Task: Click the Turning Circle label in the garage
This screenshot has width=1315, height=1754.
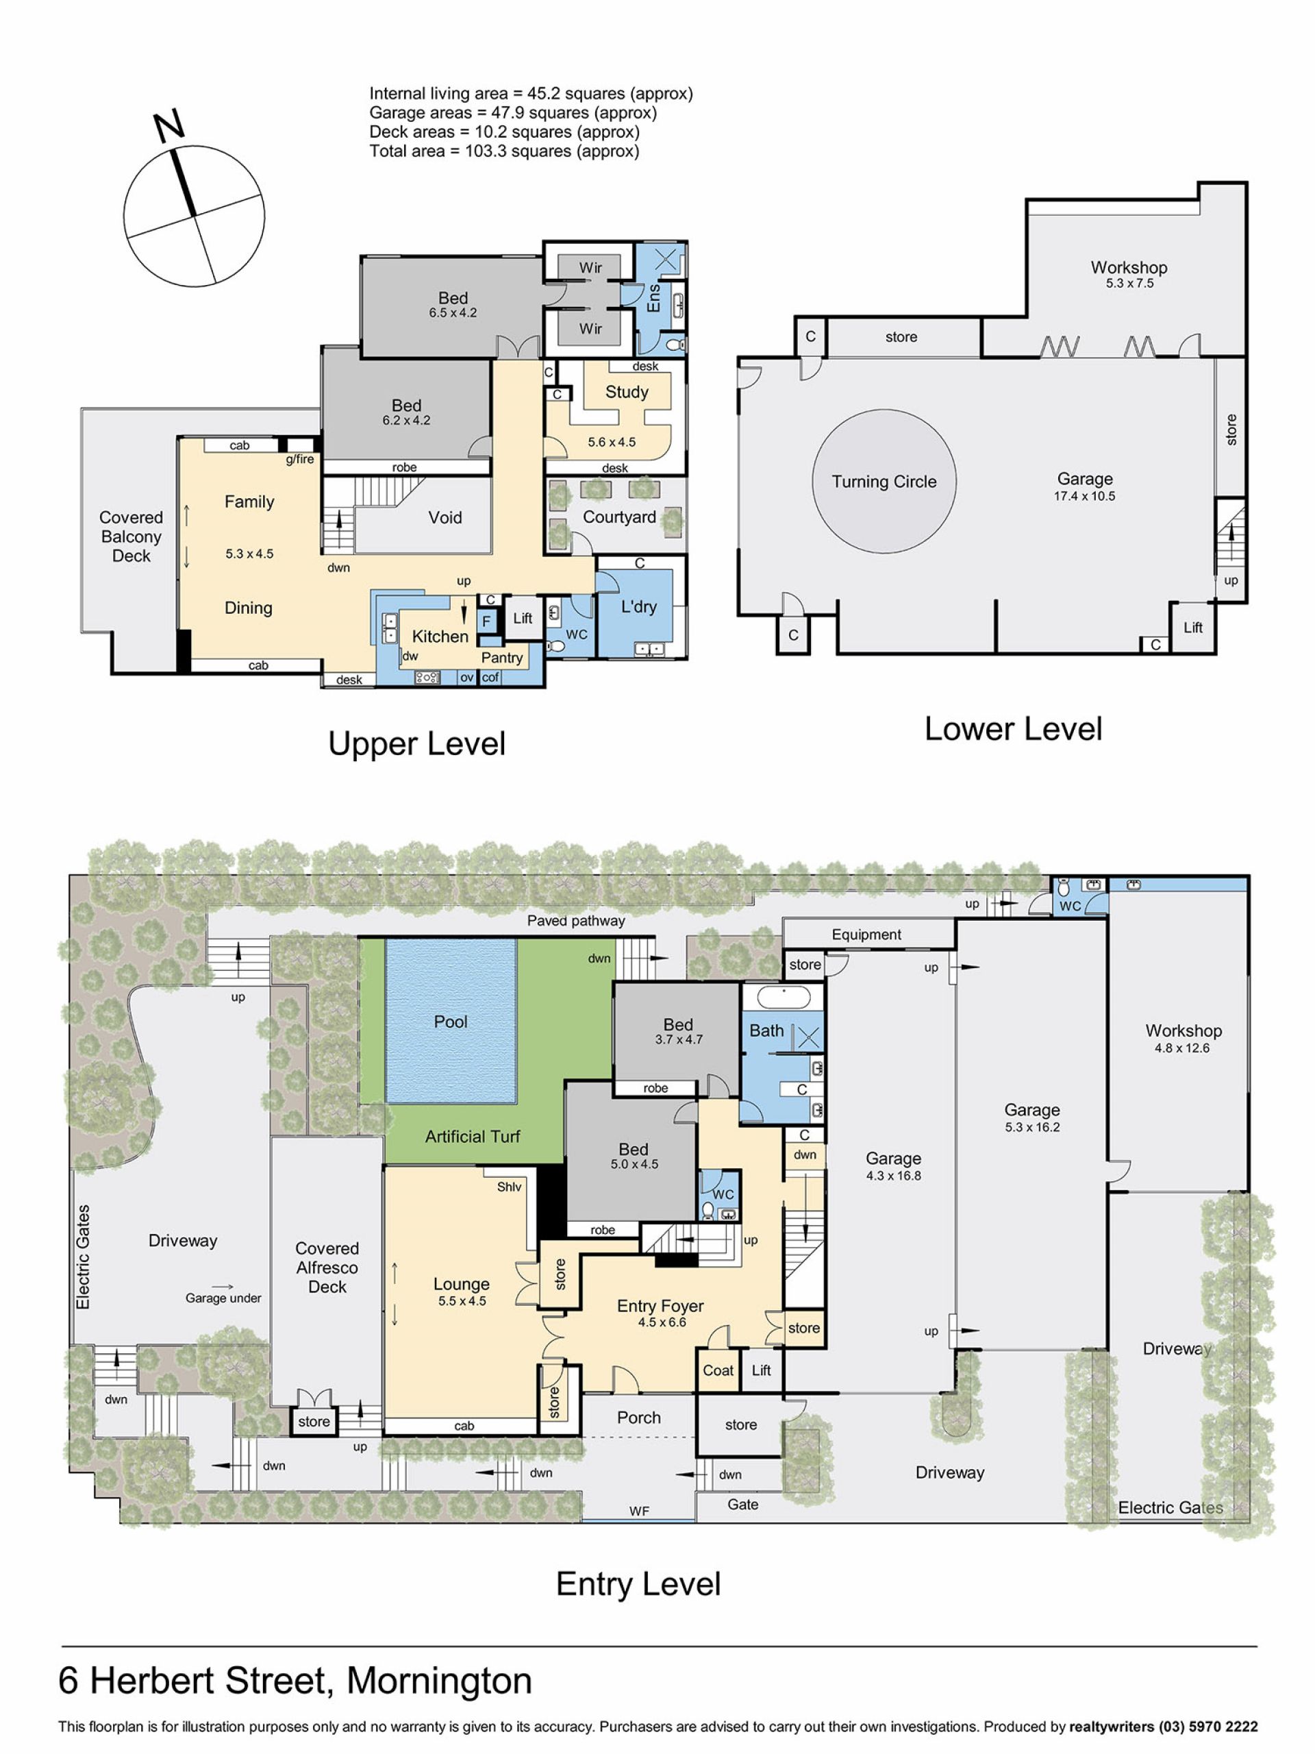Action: (884, 481)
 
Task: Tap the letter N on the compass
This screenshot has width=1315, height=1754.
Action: (169, 126)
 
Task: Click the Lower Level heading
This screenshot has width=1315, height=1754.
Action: (1013, 729)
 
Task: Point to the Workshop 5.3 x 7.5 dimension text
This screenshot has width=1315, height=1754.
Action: (1129, 283)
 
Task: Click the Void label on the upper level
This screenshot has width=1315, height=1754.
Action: (444, 517)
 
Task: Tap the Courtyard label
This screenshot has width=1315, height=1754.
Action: (619, 517)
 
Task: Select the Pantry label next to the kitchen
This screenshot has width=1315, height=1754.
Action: (502, 657)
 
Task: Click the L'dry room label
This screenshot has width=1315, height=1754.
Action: (638, 606)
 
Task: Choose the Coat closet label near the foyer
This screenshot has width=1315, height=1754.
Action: (718, 1370)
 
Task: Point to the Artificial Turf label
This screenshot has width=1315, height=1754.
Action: (473, 1136)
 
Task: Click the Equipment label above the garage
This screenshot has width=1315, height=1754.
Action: (866, 935)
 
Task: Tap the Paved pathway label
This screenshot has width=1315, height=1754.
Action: (576, 921)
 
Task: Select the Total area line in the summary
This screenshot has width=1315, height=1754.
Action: (504, 151)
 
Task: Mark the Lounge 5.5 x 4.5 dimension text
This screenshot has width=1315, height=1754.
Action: (462, 1301)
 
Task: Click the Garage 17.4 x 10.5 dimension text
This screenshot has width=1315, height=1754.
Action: (1084, 496)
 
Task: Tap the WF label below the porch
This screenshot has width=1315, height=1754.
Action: (639, 1511)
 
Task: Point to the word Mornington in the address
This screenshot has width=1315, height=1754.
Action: (439, 1680)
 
